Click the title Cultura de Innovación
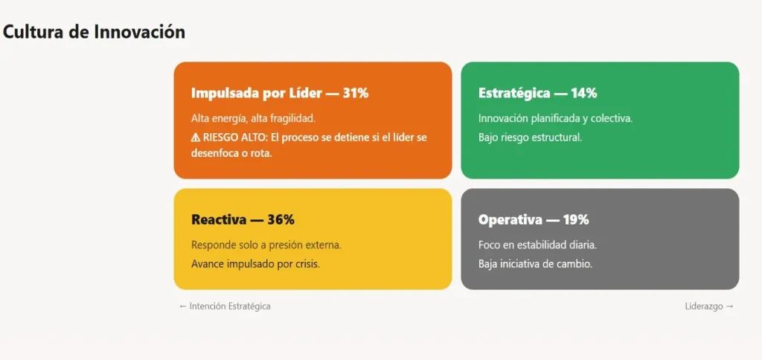(x=94, y=32)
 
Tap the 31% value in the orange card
(x=356, y=93)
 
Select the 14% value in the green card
(x=583, y=93)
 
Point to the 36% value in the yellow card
(x=281, y=219)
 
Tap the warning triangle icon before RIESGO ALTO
(x=196, y=137)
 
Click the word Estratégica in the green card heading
(x=514, y=93)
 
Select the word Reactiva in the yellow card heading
(x=219, y=219)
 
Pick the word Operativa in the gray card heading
(x=509, y=219)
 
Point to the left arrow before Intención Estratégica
(x=182, y=306)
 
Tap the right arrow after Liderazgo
(x=729, y=306)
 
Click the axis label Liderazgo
(x=704, y=306)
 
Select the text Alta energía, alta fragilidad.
(x=254, y=118)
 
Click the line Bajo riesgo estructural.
(x=530, y=137)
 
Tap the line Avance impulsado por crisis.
(x=255, y=263)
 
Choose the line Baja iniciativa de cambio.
(x=535, y=263)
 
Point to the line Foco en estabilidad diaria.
(x=537, y=245)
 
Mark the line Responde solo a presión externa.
(x=266, y=245)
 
